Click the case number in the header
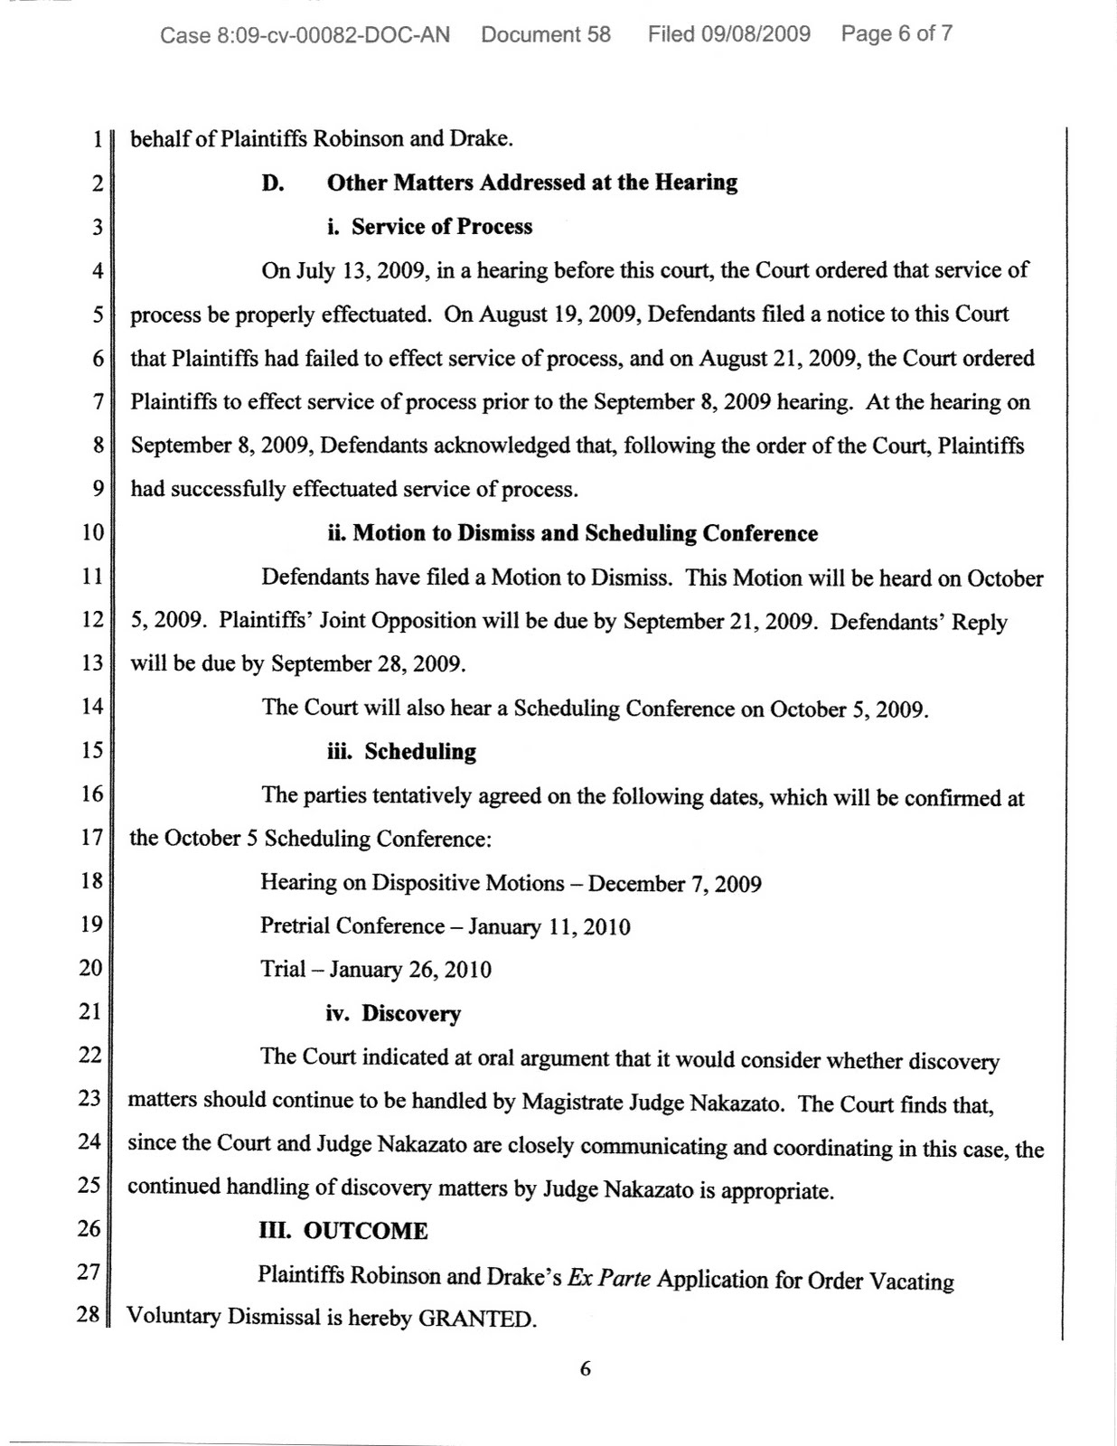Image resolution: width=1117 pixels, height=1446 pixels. (305, 35)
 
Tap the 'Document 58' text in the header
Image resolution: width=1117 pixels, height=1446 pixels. (546, 35)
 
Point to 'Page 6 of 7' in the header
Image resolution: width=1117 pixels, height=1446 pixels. (896, 34)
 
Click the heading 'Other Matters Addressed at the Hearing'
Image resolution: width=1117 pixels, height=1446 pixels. (531, 183)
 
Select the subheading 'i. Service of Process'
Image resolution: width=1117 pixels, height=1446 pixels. (429, 227)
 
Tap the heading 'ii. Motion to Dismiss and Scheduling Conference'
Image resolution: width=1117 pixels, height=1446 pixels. (572, 533)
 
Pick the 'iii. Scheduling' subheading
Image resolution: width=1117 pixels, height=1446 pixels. (401, 752)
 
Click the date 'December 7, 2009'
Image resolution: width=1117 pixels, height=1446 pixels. (674, 883)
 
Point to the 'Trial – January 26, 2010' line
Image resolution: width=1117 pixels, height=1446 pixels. (376, 970)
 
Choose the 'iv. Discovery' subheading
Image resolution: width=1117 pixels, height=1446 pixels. (393, 1014)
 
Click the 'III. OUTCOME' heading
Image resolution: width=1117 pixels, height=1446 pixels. (343, 1231)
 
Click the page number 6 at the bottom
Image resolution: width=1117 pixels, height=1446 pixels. (585, 1369)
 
